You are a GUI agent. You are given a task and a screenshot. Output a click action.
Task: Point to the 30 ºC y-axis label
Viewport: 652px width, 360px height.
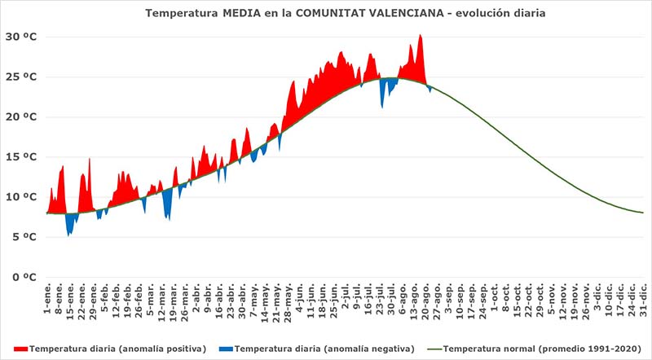click(20, 37)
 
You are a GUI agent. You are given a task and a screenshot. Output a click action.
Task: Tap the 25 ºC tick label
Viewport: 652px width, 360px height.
click(20, 77)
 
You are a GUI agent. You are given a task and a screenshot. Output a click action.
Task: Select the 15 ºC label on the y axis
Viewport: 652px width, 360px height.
click(20, 156)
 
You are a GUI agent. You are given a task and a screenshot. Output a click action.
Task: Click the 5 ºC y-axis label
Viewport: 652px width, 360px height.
click(23, 236)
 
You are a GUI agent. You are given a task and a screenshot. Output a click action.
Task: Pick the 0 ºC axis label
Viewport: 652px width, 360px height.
click(23, 276)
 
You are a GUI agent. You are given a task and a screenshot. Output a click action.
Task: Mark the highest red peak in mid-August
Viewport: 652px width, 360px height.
click(420, 36)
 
